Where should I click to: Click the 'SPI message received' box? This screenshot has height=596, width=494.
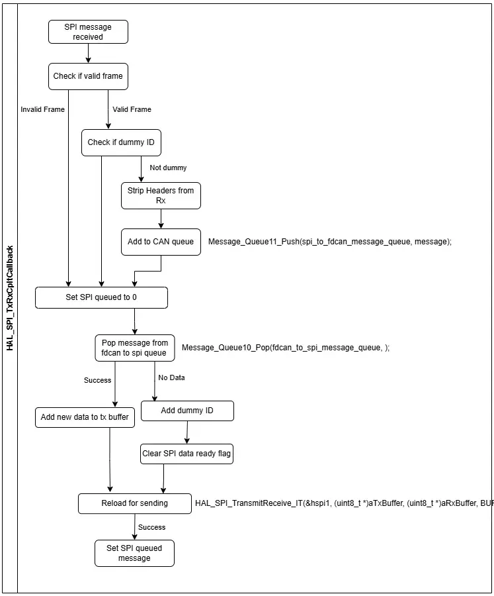[x=88, y=32]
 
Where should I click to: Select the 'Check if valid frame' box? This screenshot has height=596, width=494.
[x=88, y=76]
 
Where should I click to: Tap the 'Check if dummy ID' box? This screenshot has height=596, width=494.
[x=121, y=142]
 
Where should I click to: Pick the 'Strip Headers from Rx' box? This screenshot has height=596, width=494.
[x=161, y=196]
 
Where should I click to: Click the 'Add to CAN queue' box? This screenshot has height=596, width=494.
[x=161, y=242]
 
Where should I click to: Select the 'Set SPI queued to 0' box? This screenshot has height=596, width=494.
[x=101, y=297]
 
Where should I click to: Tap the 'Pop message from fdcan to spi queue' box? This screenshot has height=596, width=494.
[x=135, y=348]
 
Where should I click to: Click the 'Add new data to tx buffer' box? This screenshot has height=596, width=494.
[x=85, y=417]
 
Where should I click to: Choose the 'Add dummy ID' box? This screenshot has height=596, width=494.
[x=187, y=411]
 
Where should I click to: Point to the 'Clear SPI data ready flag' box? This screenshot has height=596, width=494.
[x=186, y=454]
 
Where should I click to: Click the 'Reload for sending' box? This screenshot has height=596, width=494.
[x=135, y=504]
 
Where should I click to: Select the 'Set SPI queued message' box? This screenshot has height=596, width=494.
[x=134, y=554]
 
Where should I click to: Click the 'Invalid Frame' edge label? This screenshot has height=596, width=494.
[x=42, y=109]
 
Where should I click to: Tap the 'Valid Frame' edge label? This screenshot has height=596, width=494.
[x=132, y=109]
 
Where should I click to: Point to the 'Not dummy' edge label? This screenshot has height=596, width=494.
[x=168, y=168]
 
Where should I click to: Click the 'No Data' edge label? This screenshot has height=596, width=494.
[x=172, y=378]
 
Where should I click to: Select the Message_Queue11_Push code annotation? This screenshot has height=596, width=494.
[x=330, y=242]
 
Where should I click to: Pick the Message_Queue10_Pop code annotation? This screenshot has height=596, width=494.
[x=286, y=348]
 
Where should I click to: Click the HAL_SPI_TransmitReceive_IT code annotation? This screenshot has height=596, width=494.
[x=344, y=503]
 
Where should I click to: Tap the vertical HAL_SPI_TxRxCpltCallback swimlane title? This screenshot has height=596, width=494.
[x=10, y=299]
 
